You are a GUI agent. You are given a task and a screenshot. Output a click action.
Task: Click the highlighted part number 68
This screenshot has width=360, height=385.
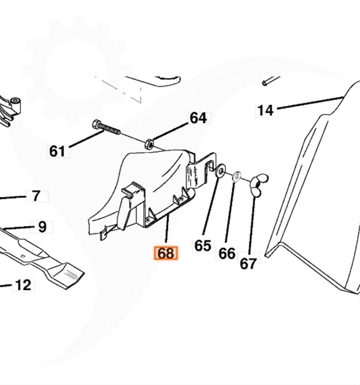point(166,253)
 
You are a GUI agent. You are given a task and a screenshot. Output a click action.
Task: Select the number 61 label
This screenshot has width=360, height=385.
point(57,151)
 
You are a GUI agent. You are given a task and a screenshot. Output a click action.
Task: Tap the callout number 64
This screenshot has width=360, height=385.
point(198,118)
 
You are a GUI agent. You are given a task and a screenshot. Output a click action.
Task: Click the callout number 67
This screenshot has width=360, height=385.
point(248,264)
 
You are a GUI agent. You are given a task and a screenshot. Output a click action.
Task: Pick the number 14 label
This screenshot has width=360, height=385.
point(265,111)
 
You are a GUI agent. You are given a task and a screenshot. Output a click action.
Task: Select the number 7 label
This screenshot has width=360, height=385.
point(36,196)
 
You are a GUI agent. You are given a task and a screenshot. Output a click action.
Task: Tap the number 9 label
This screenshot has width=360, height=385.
point(42,227)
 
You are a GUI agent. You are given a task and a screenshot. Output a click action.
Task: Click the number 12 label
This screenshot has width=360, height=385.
point(23,285)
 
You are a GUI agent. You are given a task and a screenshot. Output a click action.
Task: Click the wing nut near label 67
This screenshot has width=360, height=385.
point(259,184)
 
